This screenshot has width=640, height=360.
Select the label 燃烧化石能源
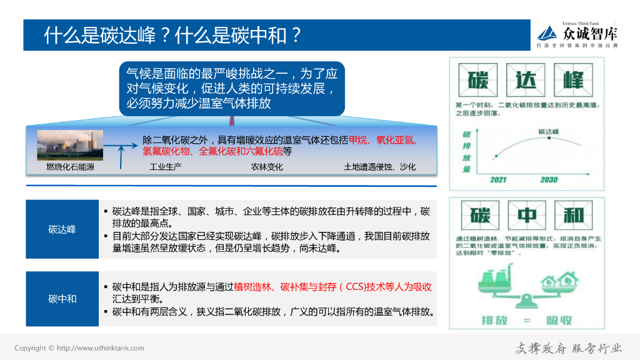click(x=70, y=167)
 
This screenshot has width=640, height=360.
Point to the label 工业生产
click(x=165, y=167)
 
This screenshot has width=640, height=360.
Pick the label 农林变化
click(x=267, y=167)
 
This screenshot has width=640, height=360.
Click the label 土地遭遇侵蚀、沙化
click(x=379, y=167)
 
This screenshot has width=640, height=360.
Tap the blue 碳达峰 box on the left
click(x=62, y=229)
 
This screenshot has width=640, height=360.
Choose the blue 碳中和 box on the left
click(x=62, y=299)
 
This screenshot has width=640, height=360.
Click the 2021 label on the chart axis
click(x=498, y=180)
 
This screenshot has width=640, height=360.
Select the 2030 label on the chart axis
click(x=549, y=180)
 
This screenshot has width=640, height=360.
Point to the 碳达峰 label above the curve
click(x=549, y=131)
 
